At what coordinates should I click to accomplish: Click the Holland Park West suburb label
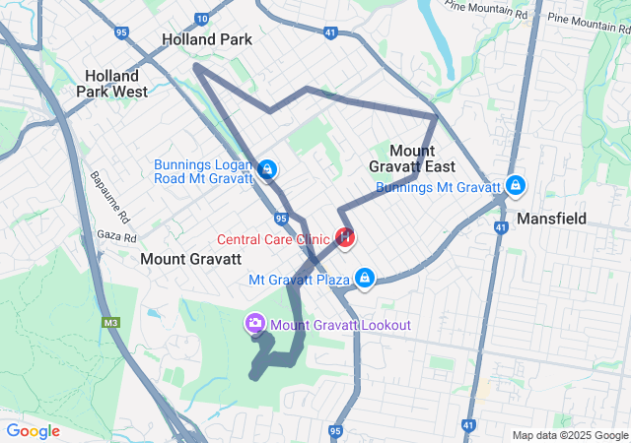click(116, 83)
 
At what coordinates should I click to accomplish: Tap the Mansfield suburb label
click(552, 218)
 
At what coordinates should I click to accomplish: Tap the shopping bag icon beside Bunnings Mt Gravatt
click(515, 185)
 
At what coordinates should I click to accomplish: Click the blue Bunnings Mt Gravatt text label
click(439, 186)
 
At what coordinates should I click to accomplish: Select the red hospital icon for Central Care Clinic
click(346, 237)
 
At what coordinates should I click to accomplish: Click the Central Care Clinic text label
click(274, 238)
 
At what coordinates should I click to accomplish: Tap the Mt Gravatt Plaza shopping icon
click(366, 279)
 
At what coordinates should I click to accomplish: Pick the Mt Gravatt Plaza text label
click(300, 280)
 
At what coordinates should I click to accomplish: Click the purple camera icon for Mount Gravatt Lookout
click(254, 323)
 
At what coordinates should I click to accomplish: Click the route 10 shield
click(202, 18)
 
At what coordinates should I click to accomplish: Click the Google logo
click(33, 431)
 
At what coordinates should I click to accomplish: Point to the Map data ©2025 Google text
click(569, 435)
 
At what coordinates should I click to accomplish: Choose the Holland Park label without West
click(207, 39)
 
